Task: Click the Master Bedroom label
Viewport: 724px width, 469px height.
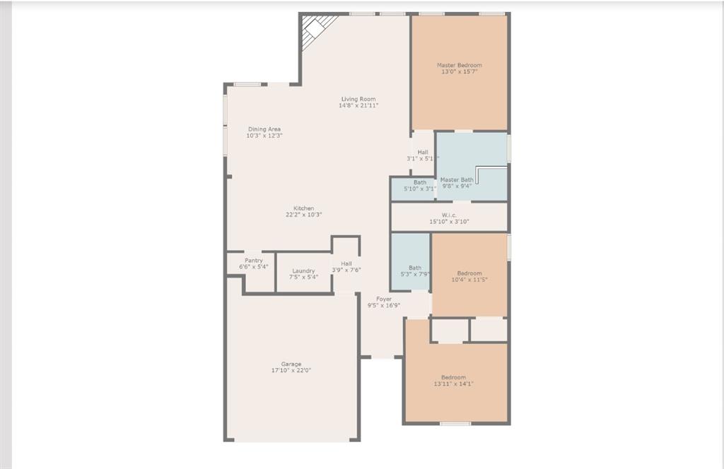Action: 459,65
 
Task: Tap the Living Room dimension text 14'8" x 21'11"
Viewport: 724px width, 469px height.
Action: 358,106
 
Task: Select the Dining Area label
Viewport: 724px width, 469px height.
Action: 264,129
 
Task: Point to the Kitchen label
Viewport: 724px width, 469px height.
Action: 304,208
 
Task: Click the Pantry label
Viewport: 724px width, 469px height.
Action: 254,261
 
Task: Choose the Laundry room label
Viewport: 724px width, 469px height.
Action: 303,271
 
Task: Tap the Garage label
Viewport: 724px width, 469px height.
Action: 291,364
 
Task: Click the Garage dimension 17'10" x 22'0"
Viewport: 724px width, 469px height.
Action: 291,371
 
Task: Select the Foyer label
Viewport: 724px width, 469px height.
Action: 384,299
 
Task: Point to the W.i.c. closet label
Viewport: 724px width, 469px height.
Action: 449,215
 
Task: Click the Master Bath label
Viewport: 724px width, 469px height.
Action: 457,180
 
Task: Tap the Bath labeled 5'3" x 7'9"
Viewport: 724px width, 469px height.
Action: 414,268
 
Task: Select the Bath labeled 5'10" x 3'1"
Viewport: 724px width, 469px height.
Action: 420,182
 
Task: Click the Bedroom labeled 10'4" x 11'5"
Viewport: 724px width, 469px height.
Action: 469,273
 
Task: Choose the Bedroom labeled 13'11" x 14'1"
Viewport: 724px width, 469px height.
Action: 453,377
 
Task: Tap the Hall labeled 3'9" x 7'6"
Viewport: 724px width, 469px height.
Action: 346,263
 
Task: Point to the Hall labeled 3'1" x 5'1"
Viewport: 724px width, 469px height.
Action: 423,152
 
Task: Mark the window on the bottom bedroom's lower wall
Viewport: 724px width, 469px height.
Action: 455,424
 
